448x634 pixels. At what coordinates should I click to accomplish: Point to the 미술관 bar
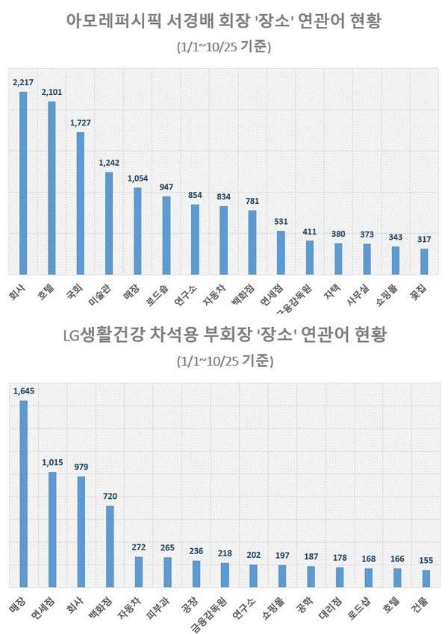click(109, 223)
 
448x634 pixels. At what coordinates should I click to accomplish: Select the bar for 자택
click(338, 258)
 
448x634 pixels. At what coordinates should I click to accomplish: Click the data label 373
click(367, 234)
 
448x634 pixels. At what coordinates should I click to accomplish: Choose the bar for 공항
click(311, 576)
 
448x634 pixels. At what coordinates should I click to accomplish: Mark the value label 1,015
click(52, 462)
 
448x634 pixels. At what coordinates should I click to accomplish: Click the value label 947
click(167, 187)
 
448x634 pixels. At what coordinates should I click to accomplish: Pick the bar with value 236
click(196, 574)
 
